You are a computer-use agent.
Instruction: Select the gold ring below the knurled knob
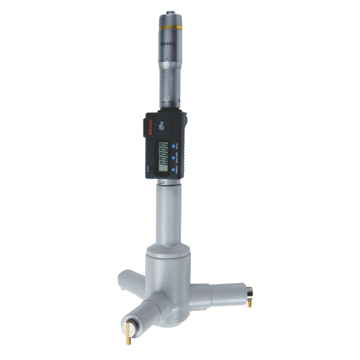170,28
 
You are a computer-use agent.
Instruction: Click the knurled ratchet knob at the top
170,19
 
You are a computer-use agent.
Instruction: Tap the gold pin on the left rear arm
123,288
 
